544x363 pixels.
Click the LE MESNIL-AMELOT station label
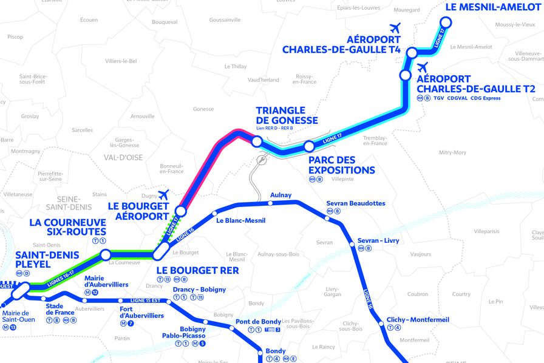(492, 8)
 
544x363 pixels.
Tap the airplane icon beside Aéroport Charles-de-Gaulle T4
(396, 28)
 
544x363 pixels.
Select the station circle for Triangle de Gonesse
(257, 141)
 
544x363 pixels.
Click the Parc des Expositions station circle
(309, 146)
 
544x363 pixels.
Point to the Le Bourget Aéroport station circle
(180, 211)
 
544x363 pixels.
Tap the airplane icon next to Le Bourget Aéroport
(163, 195)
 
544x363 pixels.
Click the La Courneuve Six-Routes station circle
(106, 254)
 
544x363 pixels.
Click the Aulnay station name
(280, 195)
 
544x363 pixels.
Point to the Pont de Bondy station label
(258, 321)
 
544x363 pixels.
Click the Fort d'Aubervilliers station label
(141, 312)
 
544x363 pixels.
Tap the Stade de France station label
(60, 310)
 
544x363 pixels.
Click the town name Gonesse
(203, 109)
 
